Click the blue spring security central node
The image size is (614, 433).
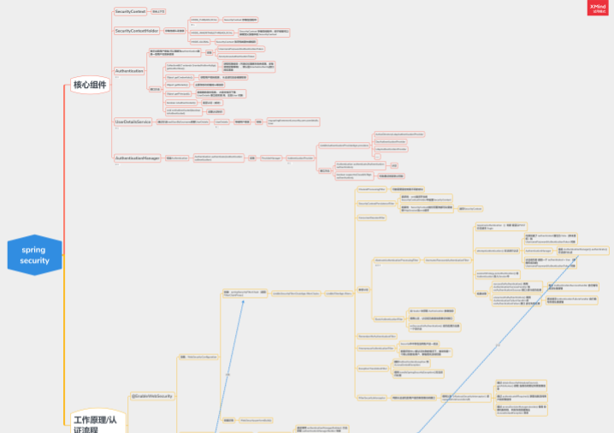pos(35,255)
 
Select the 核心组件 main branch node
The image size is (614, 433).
pos(90,85)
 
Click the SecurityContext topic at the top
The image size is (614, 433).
pos(130,11)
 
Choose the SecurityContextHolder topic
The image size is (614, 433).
pos(137,31)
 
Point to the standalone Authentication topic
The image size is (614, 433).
pos(129,71)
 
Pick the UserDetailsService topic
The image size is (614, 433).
pos(133,122)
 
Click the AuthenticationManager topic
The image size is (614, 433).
pos(138,158)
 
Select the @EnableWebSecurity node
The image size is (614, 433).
pos(152,396)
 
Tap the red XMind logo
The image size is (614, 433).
pos(599,8)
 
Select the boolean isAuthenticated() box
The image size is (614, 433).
pos(181,102)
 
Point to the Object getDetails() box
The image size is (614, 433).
pos(177,85)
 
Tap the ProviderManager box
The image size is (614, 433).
pos(271,158)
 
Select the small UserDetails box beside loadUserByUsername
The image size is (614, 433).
pos(221,122)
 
